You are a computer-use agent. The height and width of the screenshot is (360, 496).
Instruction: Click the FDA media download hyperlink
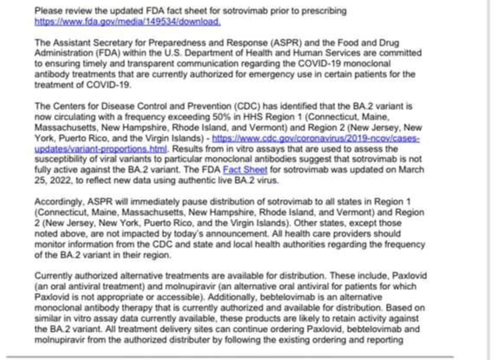[x=127, y=21]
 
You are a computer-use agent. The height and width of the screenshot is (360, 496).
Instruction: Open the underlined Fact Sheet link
[x=239, y=170]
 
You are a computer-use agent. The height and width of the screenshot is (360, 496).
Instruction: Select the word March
[x=413, y=170]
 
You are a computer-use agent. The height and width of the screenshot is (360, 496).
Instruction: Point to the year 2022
[x=59, y=181]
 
